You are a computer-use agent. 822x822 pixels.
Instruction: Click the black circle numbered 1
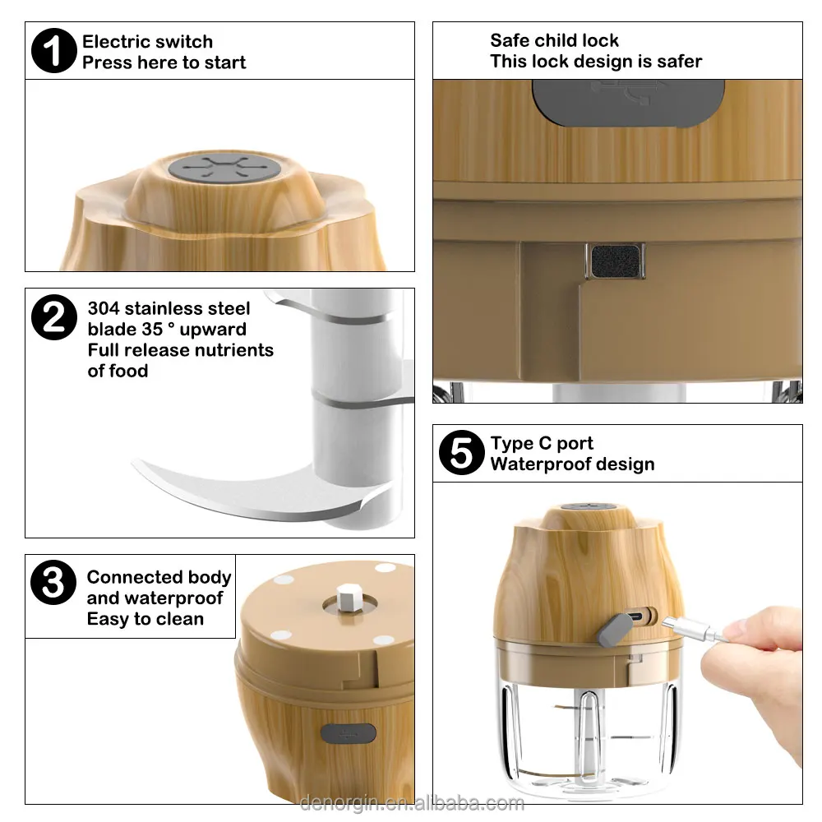coord(54,50)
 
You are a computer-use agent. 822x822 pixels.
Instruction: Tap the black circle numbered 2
coord(54,317)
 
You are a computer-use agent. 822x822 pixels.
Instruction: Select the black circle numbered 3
coord(53,583)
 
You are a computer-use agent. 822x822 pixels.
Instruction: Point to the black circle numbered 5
coord(461,452)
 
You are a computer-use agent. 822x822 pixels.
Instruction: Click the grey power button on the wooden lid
coord(225,169)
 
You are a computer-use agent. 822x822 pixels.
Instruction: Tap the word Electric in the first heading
coord(118,41)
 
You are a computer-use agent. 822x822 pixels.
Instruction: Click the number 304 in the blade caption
coord(104,308)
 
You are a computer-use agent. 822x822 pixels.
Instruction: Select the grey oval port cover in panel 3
coord(348,733)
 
